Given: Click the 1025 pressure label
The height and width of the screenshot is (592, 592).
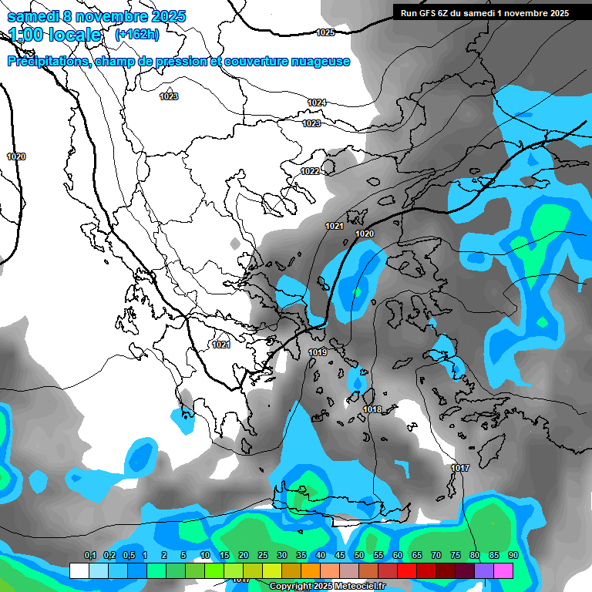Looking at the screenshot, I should click(325, 32).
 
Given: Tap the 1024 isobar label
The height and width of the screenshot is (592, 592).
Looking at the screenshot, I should click(317, 103).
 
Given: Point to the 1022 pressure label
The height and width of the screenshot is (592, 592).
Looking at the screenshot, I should click(310, 171).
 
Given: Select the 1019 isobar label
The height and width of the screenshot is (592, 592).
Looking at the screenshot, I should click(318, 352).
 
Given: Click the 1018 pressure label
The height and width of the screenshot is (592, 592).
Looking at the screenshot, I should click(372, 409).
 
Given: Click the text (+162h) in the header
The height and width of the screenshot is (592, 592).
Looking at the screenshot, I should click(136, 34).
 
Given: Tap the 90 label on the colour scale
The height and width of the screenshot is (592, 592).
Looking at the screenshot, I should click(513, 555).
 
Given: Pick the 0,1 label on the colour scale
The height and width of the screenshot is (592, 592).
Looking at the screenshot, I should click(90, 555).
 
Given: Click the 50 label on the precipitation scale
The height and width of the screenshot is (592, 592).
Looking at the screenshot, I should click(359, 555).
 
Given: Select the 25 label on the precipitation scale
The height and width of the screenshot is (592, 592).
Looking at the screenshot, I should click(263, 555).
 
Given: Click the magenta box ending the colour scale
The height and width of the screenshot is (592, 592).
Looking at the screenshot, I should click(503, 570).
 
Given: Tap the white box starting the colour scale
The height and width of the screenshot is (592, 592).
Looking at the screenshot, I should click(79, 570).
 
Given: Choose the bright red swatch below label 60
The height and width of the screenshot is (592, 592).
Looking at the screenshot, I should click(407, 570).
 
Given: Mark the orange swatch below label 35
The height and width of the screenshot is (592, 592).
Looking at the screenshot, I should click(311, 570).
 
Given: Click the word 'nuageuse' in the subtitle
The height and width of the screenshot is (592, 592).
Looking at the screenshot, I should click(319, 62).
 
